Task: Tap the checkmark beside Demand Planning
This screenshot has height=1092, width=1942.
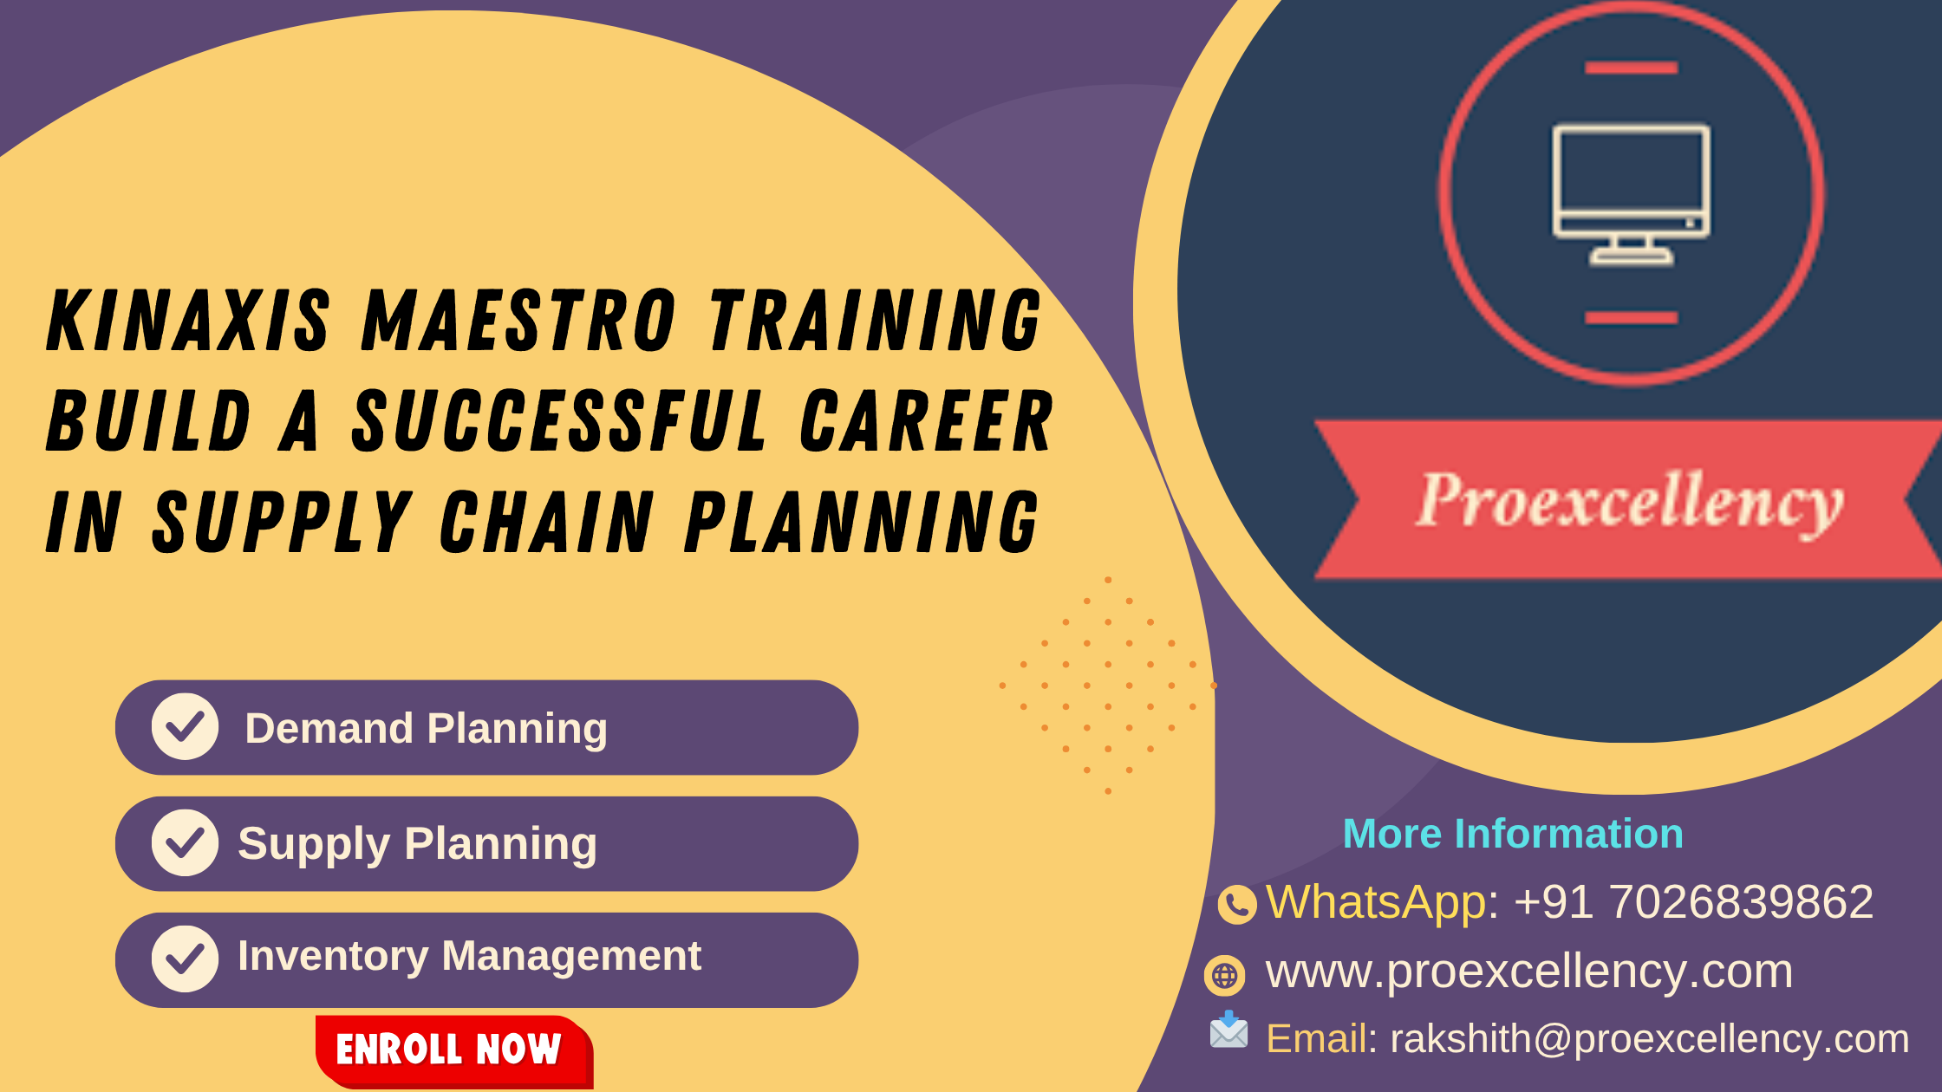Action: (185, 726)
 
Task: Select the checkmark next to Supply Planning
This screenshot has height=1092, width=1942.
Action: (185, 842)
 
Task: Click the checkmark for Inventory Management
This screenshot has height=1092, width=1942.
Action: (185, 959)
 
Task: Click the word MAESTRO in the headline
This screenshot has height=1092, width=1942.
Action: (518, 320)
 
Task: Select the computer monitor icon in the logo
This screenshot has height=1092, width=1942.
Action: (1631, 193)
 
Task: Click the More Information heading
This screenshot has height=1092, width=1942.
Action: (1513, 834)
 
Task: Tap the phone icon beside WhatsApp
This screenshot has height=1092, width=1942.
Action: (1237, 905)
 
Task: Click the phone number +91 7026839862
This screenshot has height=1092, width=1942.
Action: (1694, 901)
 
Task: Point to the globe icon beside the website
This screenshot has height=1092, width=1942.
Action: (1224, 976)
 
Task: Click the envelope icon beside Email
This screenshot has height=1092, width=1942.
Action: (1229, 1030)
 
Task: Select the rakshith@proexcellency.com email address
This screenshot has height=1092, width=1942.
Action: (1650, 1038)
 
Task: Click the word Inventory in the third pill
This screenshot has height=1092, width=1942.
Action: (333, 957)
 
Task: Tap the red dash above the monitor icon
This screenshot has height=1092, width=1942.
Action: (1631, 68)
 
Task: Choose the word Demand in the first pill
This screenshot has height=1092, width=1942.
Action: (329, 728)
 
